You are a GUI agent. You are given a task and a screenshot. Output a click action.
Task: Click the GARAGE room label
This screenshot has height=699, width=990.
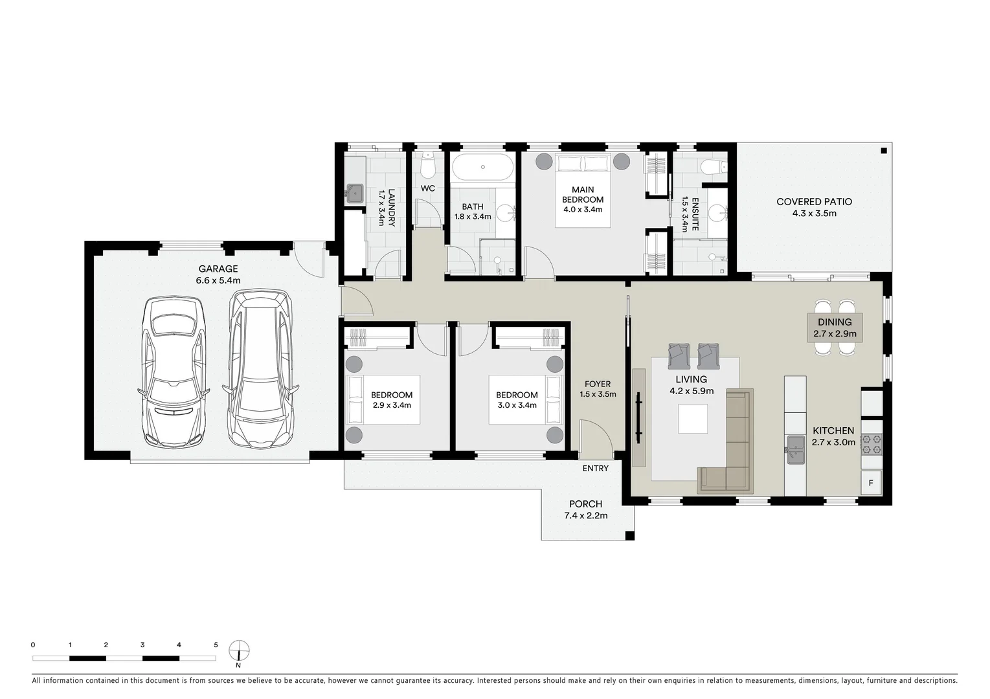coord(218,269)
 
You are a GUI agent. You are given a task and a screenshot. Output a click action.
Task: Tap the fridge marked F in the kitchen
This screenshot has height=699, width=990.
coord(871,483)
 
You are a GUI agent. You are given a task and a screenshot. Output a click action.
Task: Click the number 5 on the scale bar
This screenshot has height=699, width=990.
coord(216,645)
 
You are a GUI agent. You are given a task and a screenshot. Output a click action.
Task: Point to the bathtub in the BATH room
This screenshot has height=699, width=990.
coord(482,167)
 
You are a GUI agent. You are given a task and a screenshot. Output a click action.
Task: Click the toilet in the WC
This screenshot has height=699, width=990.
coord(427,164)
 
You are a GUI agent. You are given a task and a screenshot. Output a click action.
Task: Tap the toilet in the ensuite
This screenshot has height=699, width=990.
coord(714,167)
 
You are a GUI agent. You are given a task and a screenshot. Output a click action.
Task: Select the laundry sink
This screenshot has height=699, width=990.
coord(354,194)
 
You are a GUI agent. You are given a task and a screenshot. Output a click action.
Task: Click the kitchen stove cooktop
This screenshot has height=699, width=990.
coord(872,445)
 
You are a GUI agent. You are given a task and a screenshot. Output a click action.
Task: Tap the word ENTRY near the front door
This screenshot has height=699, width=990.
coord(595,469)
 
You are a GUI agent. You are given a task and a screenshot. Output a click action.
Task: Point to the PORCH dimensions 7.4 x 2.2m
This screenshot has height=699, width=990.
coord(585,515)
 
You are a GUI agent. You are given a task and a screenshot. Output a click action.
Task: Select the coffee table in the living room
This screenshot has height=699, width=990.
coord(693,418)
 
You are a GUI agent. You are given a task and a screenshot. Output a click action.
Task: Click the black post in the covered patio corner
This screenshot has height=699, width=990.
coord(883,151)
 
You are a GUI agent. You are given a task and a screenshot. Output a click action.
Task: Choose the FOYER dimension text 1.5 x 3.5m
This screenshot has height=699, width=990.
coord(598,394)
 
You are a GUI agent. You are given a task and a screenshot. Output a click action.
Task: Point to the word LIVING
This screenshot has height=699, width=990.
coord(691,379)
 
